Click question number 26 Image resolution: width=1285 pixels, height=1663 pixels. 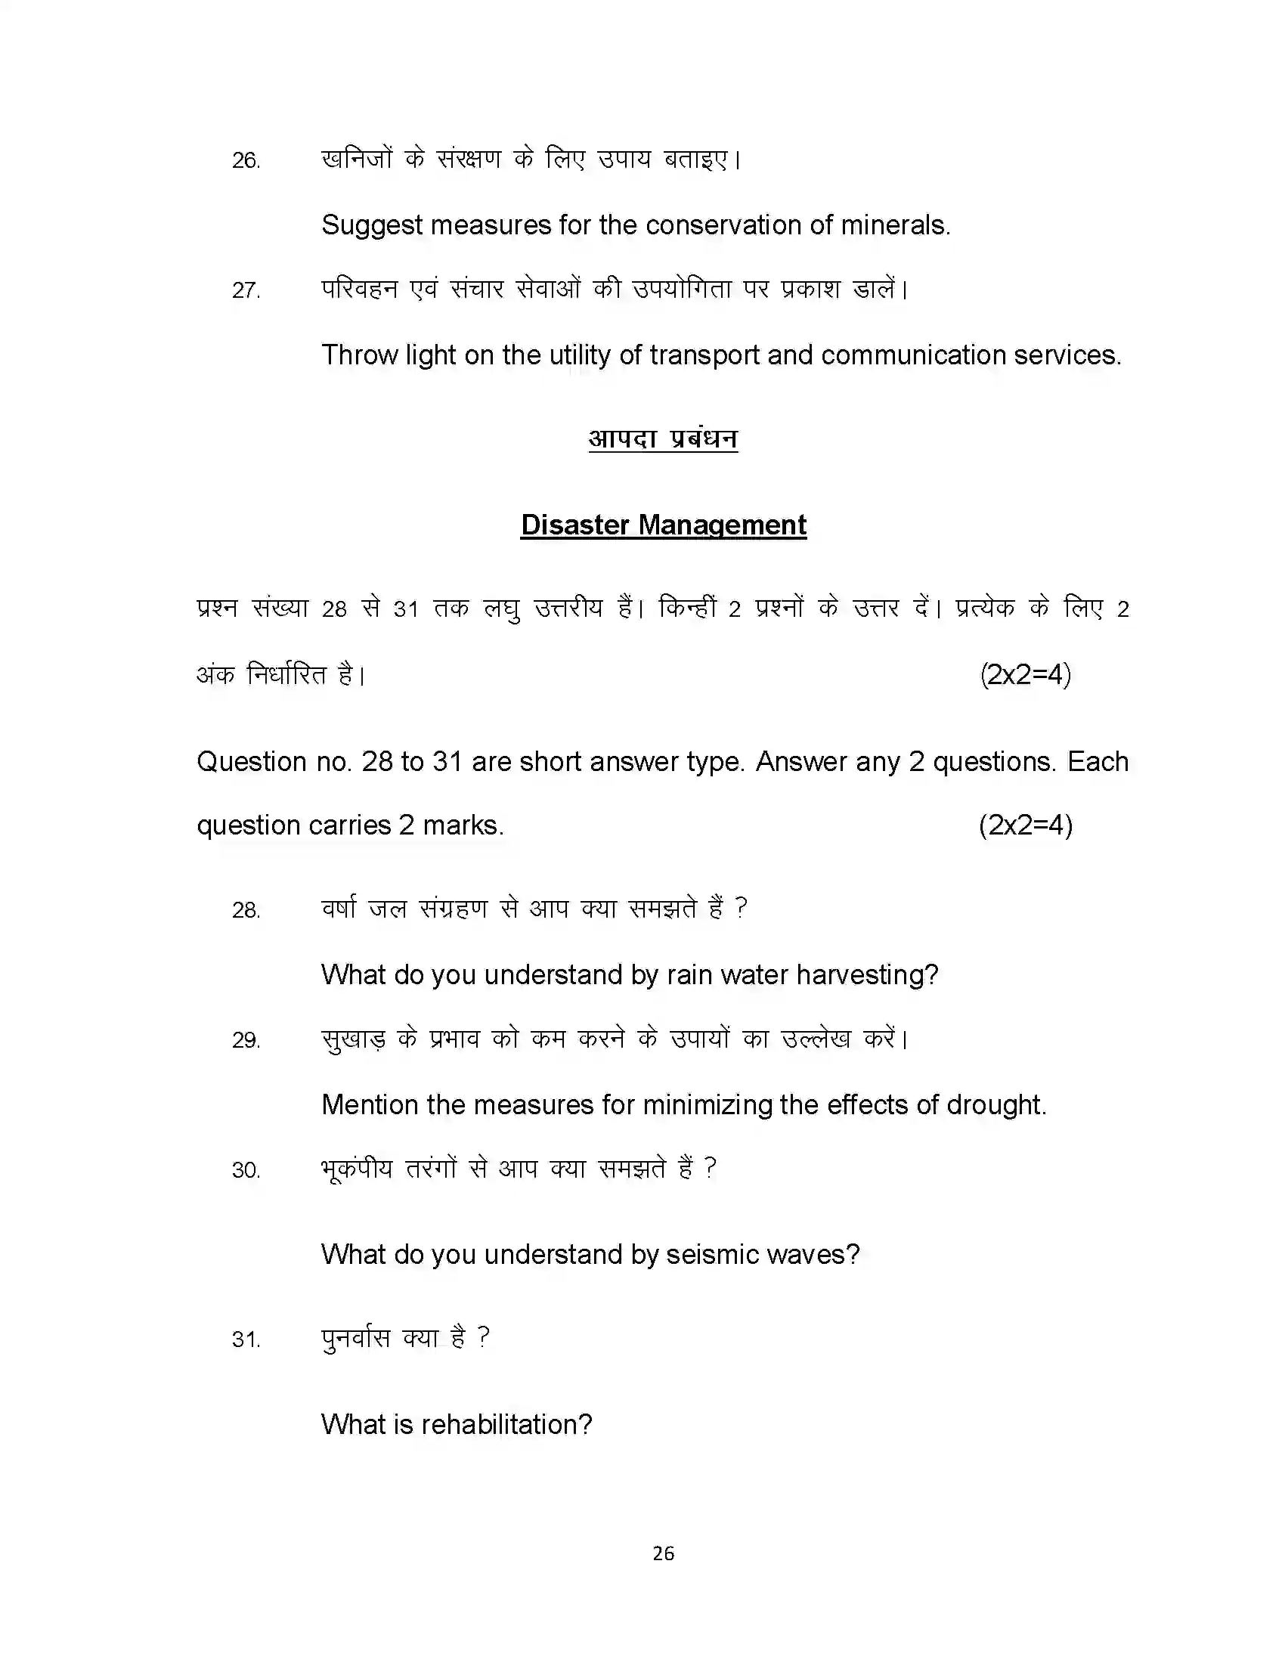(246, 161)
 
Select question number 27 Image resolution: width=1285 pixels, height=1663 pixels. (246, 290)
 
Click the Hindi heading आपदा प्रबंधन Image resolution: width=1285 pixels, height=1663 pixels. (662, 438)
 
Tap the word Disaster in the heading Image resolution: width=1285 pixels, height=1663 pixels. (574, 525)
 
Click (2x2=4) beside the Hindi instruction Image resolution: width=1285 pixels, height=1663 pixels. (1025, 674)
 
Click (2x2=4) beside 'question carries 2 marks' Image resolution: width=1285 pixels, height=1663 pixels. (1025, 825)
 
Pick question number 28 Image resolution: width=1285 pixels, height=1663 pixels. (246, 910)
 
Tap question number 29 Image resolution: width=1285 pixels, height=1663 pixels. (246, 1040)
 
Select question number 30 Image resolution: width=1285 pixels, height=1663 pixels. (246, 1169)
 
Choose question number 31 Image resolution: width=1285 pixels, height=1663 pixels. (246, 1339)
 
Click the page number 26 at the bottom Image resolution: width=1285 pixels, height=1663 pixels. (663, 1553)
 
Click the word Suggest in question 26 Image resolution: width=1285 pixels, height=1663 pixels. (371, 225)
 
